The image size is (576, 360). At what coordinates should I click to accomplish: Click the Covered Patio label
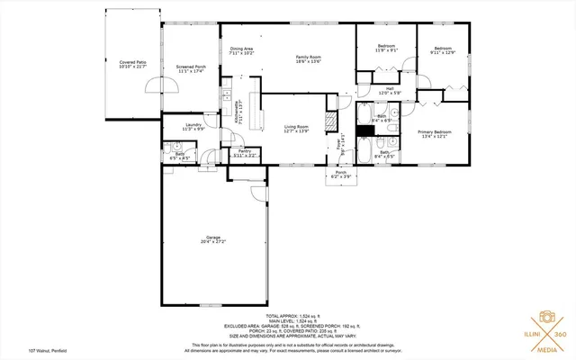[x=132, y=64]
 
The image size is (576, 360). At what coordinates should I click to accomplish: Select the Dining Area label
[x=241, y=51]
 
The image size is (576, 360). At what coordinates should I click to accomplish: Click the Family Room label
[x=309, y=59]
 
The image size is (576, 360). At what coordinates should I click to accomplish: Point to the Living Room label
[x=297, y=129]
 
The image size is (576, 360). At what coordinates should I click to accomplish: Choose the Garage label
[x=213, y=238]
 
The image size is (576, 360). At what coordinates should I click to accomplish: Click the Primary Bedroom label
[x=435, y=134]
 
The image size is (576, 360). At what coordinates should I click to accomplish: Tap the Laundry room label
[x=193, y=126]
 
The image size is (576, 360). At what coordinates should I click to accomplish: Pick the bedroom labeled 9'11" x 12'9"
[x=443, y=49]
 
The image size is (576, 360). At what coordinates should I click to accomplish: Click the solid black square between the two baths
[x=364, y=130]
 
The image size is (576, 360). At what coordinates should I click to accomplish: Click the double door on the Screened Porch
[x=168, y=86]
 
